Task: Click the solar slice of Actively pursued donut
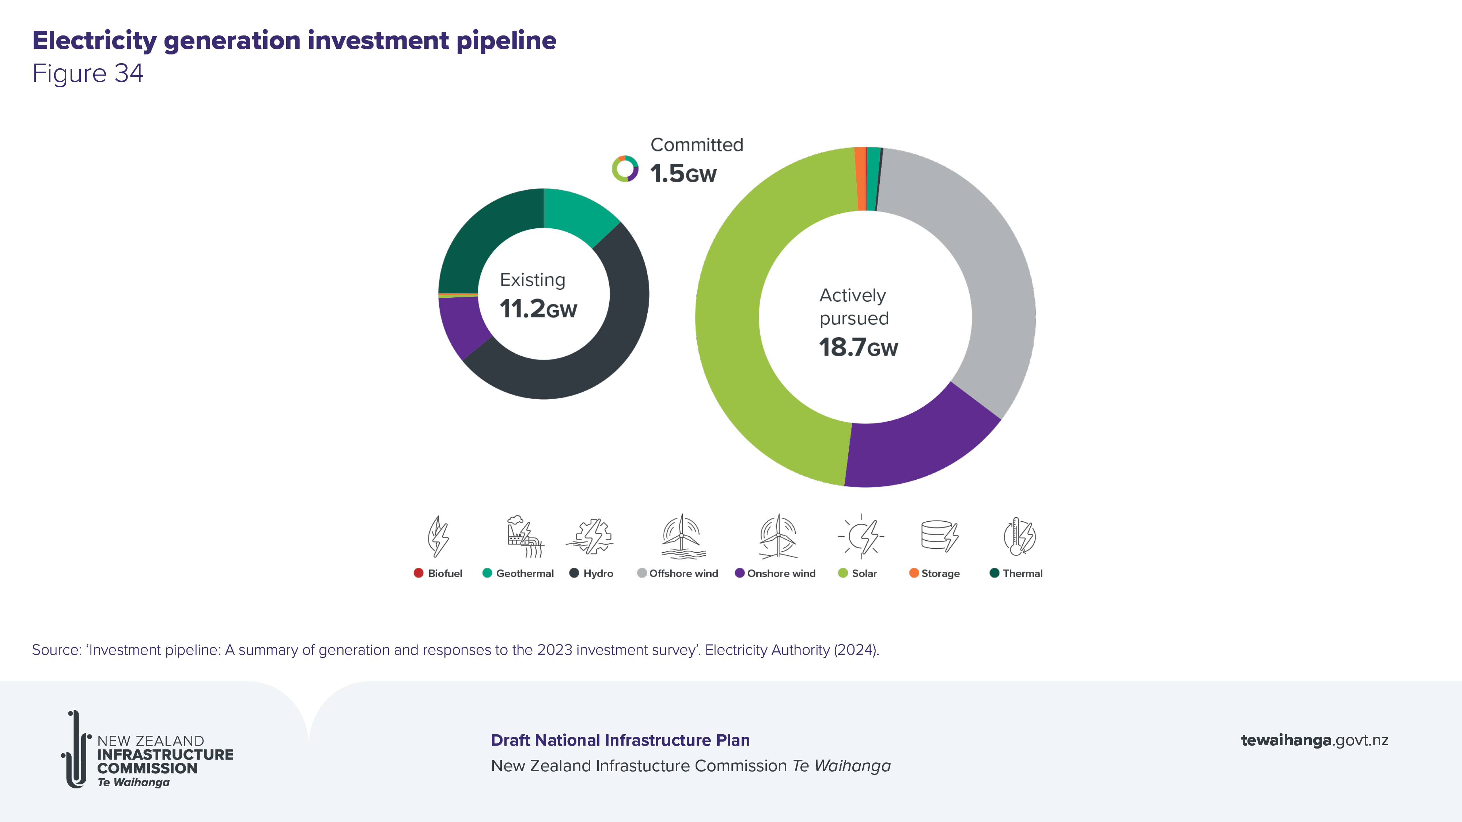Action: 732,340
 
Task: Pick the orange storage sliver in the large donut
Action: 860,179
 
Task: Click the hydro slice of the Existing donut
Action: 613,340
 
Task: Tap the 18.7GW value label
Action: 858,347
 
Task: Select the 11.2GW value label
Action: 538,309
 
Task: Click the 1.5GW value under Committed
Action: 683,174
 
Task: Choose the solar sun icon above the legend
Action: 861,536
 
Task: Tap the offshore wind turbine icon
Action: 683,536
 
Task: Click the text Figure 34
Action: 88,73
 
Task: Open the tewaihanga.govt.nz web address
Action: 1314,740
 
